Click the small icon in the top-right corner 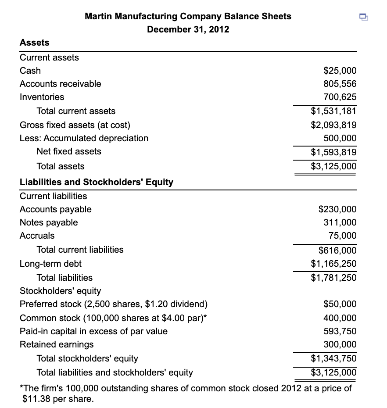[x=363, y=17]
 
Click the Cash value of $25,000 [x=340, y=71]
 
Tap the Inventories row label [x=42, y=97]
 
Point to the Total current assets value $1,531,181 [x=333, y=111]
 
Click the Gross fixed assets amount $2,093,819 [x=333, y=125]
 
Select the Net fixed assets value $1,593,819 [x=333, y=152]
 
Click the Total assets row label [x=61, y=166]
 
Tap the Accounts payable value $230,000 [x=337, y=209]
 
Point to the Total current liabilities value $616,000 [x=337, y=251]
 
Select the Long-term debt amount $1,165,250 [x=333, y=264]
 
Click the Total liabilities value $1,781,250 [x=333, y=278]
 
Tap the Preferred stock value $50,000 [x=340, y=304]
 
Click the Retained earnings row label [x=57, y=344]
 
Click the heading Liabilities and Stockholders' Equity [x=97, y=182]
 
